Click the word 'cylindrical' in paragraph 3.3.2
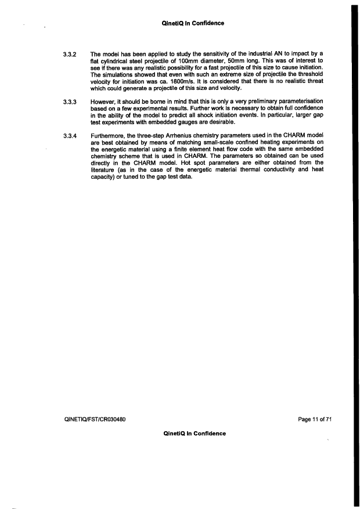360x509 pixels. tap(114, 62)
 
